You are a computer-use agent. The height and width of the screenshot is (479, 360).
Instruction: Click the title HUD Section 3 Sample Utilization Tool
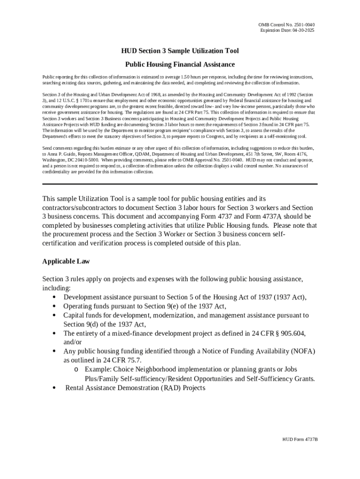[180, 51]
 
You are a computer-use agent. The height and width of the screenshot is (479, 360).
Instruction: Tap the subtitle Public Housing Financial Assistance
[180, 64]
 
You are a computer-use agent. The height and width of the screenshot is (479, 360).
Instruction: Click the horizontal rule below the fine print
[180, 184]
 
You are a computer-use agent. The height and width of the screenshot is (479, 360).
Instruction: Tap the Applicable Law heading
[66, 261]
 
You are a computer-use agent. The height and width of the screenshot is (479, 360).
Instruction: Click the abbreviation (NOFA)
[293, 351]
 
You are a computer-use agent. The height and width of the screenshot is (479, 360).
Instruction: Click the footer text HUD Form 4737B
[300, 440]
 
